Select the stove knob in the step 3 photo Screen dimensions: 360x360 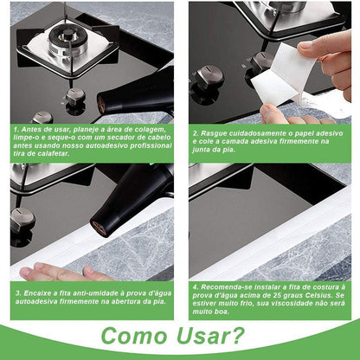[x=23, y=216]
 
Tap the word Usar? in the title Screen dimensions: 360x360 [x=215, y=336]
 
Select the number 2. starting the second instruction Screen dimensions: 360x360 [x=196, y=133]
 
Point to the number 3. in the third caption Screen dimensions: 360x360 [x=17, y=292]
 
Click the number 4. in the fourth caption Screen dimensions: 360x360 [x=196, y=285]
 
